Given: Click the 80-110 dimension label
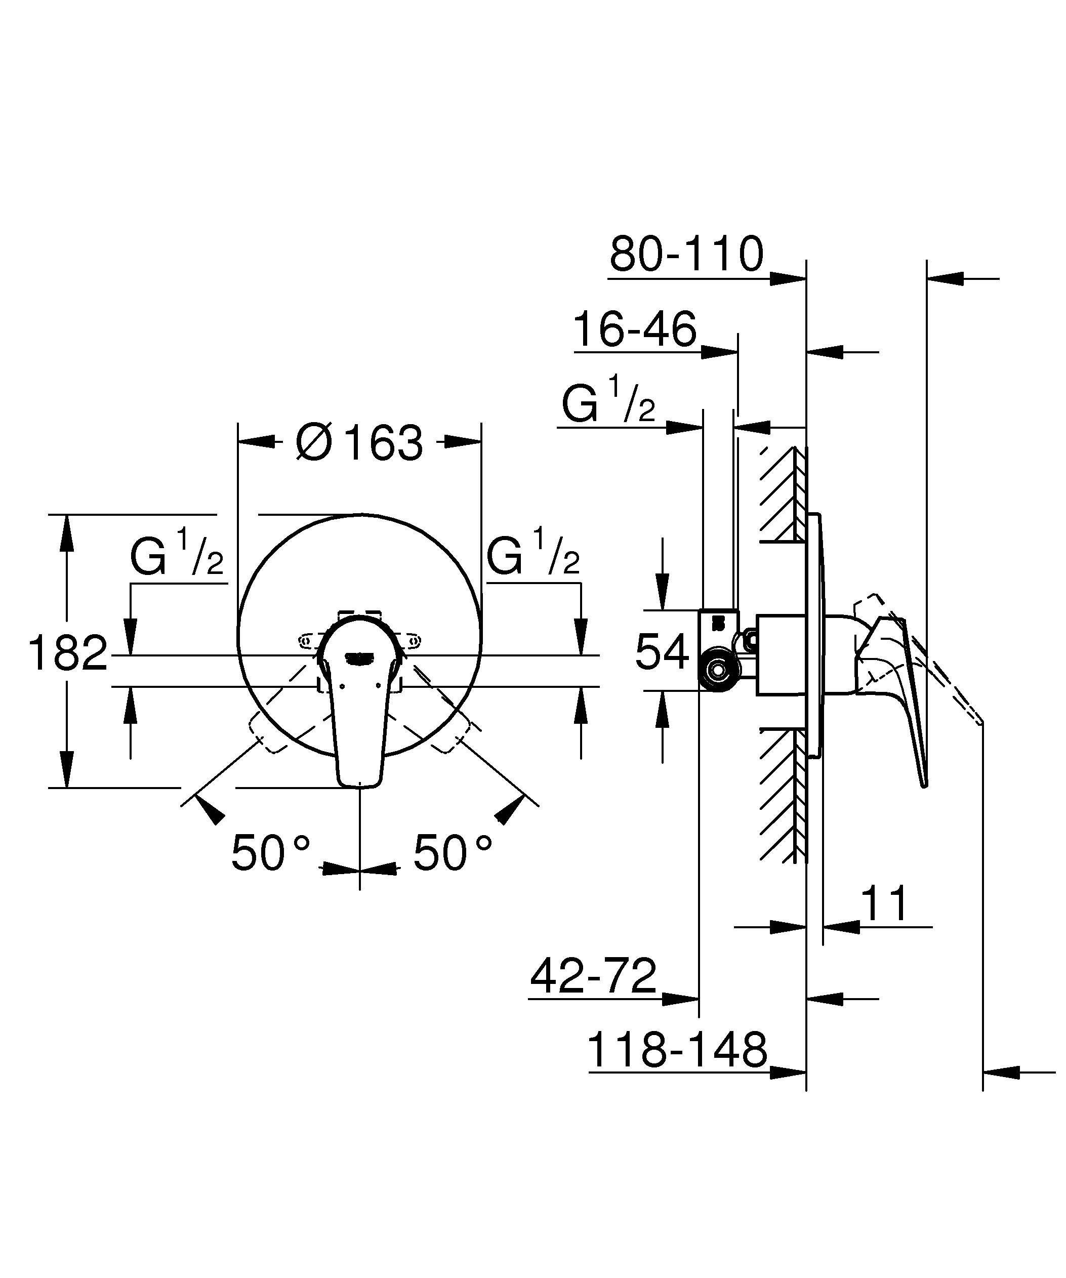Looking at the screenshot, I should pos(686,255).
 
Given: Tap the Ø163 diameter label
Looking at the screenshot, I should pos(358,442).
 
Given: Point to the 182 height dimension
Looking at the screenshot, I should pos(68,653).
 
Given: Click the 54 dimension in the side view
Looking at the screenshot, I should pos(662,652).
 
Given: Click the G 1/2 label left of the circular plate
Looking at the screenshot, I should pos(177,553).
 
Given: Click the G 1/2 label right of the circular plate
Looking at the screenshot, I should pos(532,553).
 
